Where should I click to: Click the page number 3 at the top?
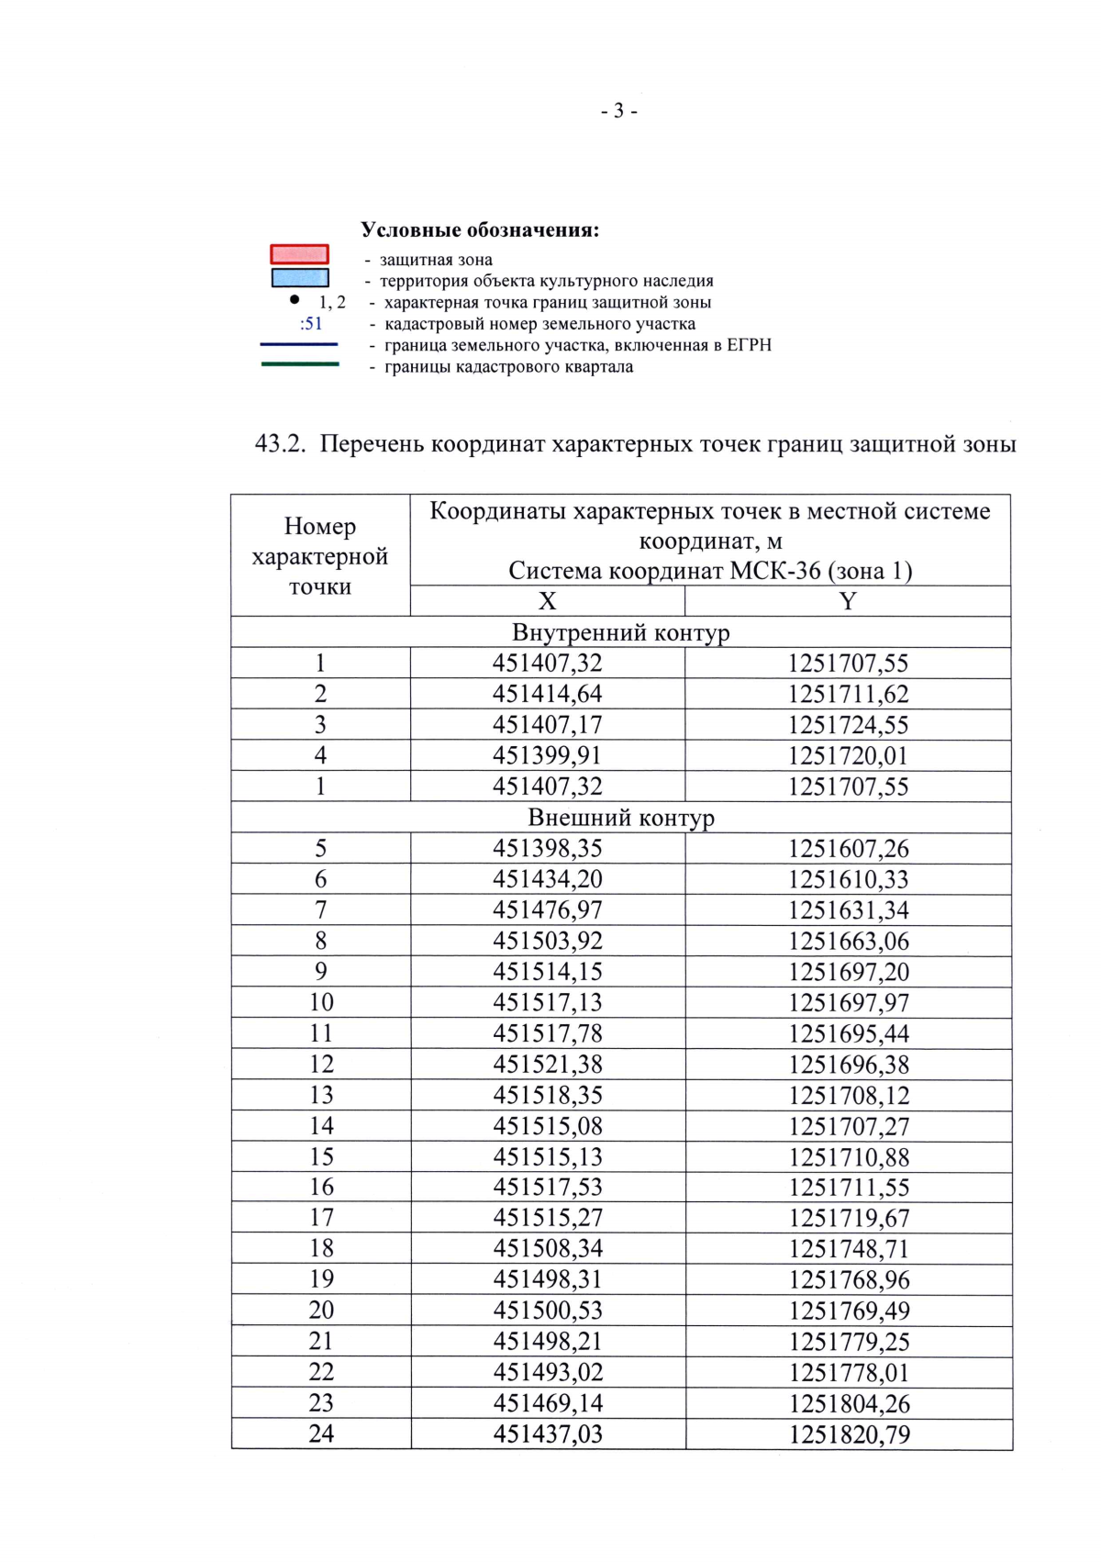pos(618,111)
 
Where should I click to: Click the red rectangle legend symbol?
pos(299,254)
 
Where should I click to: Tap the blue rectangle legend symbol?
pos(299,277)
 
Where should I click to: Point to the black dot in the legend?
pos(294,299)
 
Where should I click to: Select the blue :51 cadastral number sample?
pos(311,324)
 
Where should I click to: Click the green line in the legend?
pos(299,364)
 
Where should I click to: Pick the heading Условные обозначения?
pos(479,229)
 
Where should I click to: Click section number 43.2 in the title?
pos(279,444)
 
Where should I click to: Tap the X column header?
pos(547,601)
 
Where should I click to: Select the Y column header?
pos(848,601)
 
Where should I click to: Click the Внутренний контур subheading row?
pos(620,632)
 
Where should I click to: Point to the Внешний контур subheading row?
pos(620,818)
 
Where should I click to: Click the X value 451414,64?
pos(547,694)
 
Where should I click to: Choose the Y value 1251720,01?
pos(848,756)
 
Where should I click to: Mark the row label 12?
pos(321,1065)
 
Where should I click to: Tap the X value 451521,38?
pos(547,1065)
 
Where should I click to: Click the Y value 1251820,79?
pos(849,1434)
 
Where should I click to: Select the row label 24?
pos(321,1434)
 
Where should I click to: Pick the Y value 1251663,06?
pos(848,942)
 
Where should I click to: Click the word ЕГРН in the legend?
pos(749,345)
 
